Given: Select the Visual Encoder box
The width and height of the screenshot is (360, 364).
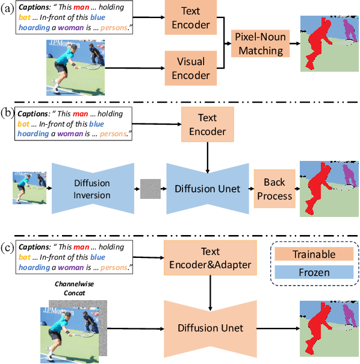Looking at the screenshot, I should click(x=190, y=67).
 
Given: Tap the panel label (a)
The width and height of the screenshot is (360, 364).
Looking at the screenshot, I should click(x=8, y=10).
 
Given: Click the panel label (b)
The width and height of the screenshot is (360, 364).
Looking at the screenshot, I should click(x=8, y=111).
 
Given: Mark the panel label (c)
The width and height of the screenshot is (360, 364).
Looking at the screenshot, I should click(x=8, y=246).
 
